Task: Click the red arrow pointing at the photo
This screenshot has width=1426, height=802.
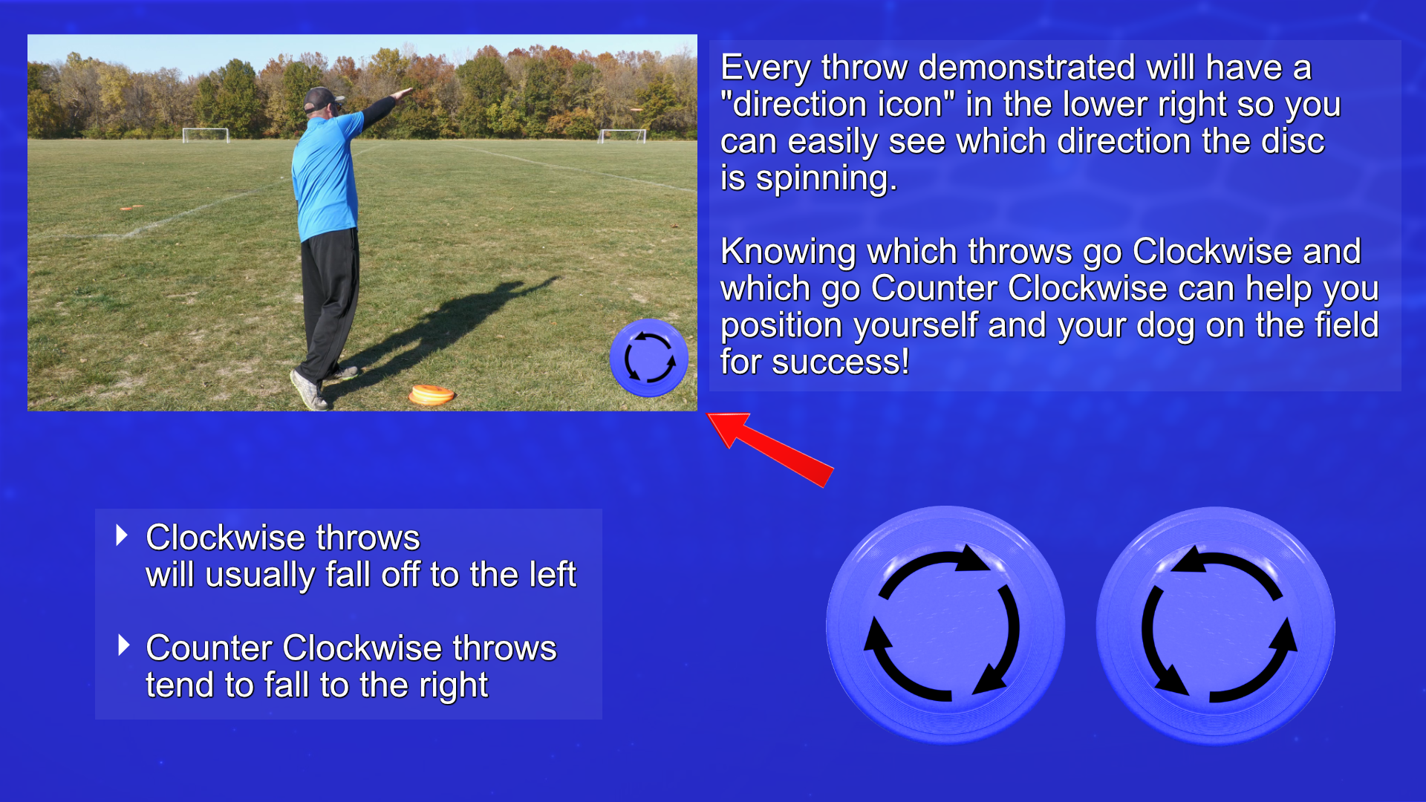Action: click(770, 449)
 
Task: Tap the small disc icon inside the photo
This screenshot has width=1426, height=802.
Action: click(649, 358)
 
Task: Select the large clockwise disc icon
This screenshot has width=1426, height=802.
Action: click(945, 625)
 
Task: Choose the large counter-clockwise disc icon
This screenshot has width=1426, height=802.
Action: click(1216, 625)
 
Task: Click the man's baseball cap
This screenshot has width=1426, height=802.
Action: click(323, 98)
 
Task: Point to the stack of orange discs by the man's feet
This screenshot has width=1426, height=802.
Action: click(432, 394)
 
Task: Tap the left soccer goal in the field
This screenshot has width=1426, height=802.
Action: click(206, 134)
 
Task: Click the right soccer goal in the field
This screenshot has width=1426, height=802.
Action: click(622, 135)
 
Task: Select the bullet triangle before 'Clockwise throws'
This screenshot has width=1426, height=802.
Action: click(123, 535)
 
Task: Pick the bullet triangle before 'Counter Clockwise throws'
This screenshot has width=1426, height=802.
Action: click(124, 645)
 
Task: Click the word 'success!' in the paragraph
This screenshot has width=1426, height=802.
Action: click(840, 362)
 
